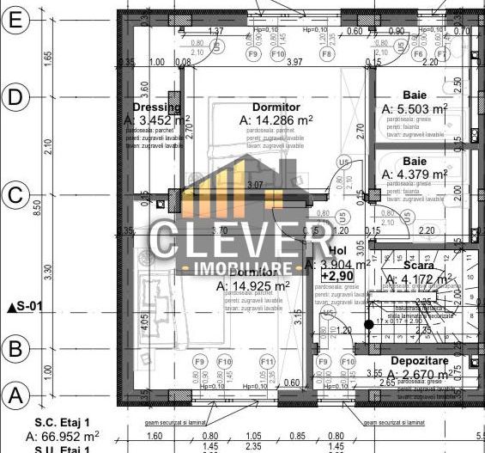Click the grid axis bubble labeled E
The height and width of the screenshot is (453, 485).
pos(15,19)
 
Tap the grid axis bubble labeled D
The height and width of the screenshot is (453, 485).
pos(15,96)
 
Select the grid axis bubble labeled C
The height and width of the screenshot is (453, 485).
pos(15,195)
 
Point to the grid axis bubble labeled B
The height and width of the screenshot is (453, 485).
pos(15,348)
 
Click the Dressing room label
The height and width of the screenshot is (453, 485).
pos(157,107)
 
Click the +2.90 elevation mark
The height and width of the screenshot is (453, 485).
pos(339,276)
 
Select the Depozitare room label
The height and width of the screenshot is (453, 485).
pos(421,361)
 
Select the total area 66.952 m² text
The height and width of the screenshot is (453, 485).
pos(63,436)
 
